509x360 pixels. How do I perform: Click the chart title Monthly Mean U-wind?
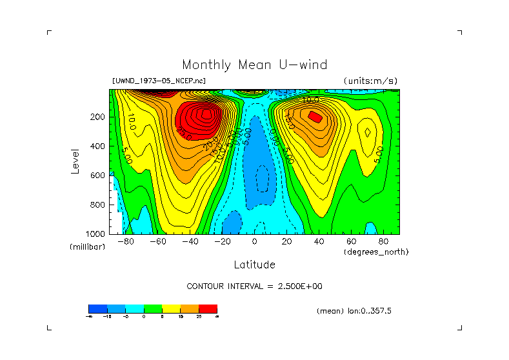pyautogui.click(x=254, y=65)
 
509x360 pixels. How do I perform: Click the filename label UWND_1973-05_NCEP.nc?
pyautogui.click(x=159, y=81)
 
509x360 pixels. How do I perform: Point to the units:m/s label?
pyautogui.click(x=370, y=81)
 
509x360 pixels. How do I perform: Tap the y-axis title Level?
pyautogui.click(x=75, y=160)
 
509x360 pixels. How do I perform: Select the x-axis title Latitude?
pyautogui.click(x=254, y=265)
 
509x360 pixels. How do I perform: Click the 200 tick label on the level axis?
pyautogui.click(x=97, y=117)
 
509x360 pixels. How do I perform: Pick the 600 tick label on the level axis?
pyautogui.click(x=97, y=175)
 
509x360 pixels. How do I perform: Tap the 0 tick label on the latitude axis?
pyautogui.click(x=255, y=242)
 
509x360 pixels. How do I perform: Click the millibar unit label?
pyautogui.click(x=87, y=248)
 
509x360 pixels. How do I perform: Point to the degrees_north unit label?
pyautogui.click(x=376, y=252)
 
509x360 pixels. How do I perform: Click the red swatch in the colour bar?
pyautogui.click(x=208, y=309)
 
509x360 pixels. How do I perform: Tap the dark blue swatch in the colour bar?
pyautogui.click(x=97, y=309)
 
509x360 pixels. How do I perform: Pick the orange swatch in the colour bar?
pyautogui.click(x=190, y=309)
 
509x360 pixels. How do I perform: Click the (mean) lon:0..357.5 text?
pyautogui.click(x=354, y=311)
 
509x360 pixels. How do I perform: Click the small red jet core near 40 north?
pyautogui.click(x=315, y=117)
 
